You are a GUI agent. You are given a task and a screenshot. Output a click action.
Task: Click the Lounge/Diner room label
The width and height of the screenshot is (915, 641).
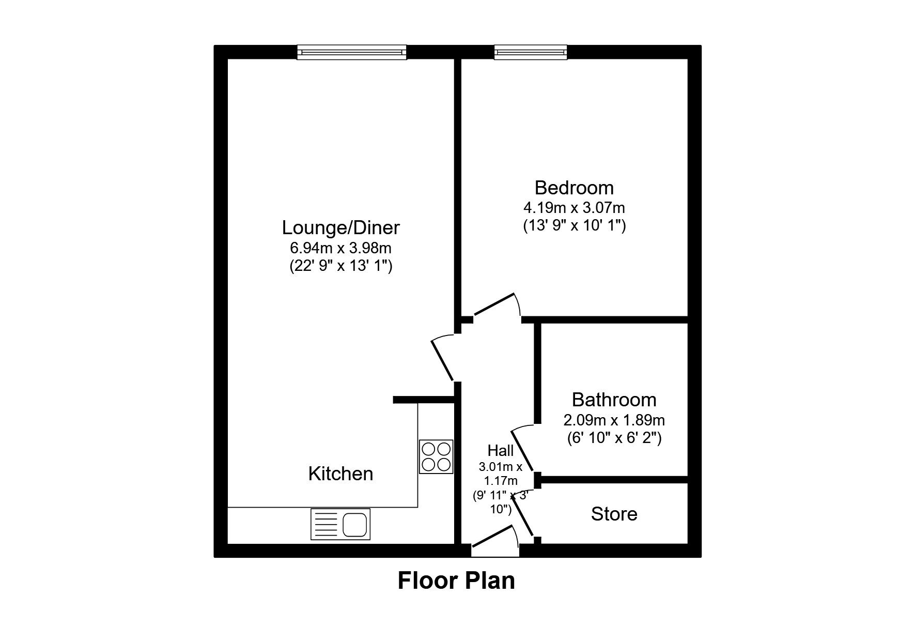point(340,227)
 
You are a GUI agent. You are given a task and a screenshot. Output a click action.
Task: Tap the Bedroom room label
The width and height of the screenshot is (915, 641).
point(574,187)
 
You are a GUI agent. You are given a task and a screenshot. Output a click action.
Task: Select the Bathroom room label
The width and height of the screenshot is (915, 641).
point(614,400)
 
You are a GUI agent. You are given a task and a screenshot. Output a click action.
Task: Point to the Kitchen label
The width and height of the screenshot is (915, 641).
point(340,474)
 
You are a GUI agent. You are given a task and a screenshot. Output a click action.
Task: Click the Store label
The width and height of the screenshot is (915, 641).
point(614,514)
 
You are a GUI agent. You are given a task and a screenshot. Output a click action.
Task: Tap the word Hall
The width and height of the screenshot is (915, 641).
point(500,450)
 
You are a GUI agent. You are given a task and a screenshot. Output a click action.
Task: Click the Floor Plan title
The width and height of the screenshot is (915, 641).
point(456,580)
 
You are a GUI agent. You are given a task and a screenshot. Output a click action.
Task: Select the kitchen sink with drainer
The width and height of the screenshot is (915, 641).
point(340,524)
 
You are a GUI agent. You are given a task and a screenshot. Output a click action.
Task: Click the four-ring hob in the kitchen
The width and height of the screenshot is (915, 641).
point(436,456)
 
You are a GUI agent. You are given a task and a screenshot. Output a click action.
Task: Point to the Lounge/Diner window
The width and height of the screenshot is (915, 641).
point(351,52)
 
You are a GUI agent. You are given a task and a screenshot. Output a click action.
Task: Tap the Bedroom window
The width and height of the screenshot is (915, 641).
point(531,52)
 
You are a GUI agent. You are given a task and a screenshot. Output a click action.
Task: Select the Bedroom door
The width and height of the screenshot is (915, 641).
point(497,306)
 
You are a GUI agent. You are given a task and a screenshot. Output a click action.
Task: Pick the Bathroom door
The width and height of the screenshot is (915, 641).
point(522,450)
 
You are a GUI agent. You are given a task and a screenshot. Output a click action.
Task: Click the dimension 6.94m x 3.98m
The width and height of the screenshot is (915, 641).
point(340,248)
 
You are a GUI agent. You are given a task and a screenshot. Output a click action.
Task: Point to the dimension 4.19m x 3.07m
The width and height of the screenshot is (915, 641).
point(574,208)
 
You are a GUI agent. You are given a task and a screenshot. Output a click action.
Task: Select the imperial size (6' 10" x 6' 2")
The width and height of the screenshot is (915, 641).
point(614,438)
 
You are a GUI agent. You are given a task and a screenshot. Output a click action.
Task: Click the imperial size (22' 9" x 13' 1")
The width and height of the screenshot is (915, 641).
point(340,266)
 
